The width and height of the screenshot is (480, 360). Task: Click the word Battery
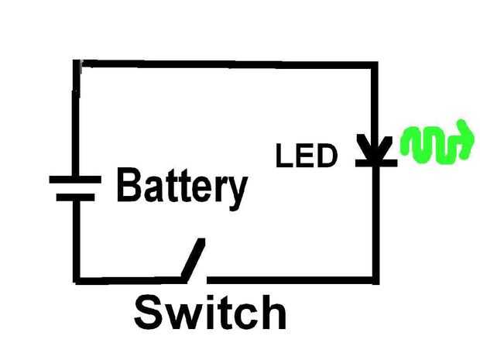pyautogui.click(x=182, y=187)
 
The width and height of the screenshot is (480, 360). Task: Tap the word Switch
pyautogui.click(x=210, y=313)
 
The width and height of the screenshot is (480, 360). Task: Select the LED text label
pyautogui.click(x=307, y=157)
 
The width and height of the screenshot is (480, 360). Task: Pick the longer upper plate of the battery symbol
pyautogui.click(x=75, y=180)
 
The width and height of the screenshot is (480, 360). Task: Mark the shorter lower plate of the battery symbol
pyautogui.click(x=76, y=197)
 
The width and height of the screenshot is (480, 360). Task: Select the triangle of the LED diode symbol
pyautogui.click(x=375, y=148)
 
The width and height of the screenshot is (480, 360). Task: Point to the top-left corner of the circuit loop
pyautogui.click(x=78, y=63)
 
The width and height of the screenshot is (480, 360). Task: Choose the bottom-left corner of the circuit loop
pyautogui.click(x=77, y=279)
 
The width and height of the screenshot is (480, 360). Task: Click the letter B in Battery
pyautogui.click(x=128, y=186)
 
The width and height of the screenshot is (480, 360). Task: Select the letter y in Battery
pyautogui.click(x=236, y=190)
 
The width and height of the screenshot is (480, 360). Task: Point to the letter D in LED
pyautogui.click(x=327, y=157)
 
